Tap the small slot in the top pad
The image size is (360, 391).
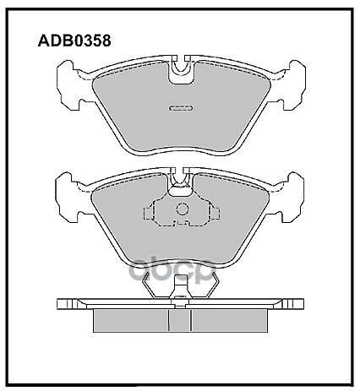[x=181, y=108]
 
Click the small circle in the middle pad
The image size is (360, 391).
[x=182, y=210]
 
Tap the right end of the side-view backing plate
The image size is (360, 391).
[x=301, y=303]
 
